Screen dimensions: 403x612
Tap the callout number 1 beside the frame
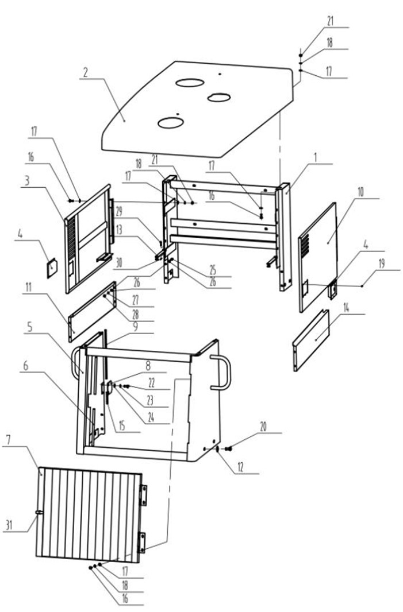pos(316,158)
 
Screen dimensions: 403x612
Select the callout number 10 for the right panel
pos(360,192)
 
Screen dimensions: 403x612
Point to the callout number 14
pos(346,308)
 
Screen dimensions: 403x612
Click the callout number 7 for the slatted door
pos(9,440)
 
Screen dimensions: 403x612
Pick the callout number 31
pos(9,525)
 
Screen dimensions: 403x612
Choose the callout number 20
pos(263,427)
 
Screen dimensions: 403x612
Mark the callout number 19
pos(382,264)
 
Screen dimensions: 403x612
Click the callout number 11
pos(28,288)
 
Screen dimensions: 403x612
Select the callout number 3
pos(26,181)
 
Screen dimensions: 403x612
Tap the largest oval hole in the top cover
pos(190,82)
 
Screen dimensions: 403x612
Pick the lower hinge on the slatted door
pos(142,542)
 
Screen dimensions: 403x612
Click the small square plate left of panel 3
pos(52,269)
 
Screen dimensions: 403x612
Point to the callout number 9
pos(135,327)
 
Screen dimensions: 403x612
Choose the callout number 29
pos(118,211)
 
